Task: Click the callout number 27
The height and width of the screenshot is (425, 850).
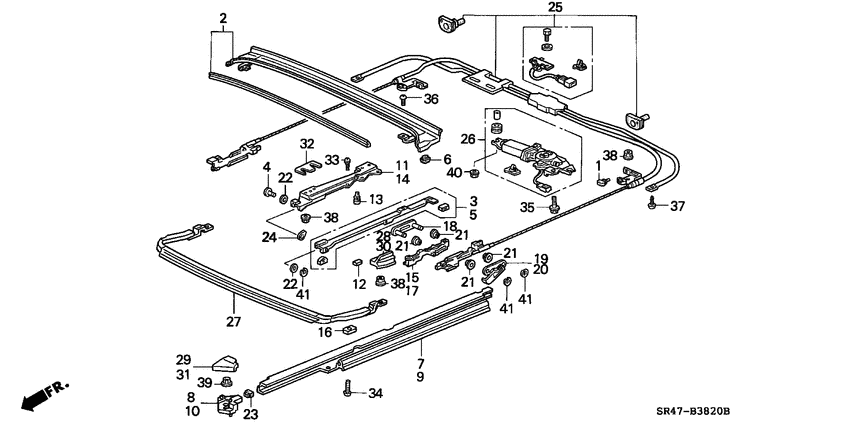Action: tap(233, 322)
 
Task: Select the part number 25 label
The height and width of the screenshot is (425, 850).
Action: tap(555, 8)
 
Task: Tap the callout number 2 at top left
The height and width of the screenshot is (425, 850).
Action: tap(223, 18)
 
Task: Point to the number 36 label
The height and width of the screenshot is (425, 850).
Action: tap(431, 98)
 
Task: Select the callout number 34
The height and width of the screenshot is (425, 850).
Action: tap(375, 393)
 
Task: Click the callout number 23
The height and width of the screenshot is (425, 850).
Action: tap(250, 413)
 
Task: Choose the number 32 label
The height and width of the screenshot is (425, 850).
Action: tap(306, 143)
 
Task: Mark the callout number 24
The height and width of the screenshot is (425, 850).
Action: tap(268, 237)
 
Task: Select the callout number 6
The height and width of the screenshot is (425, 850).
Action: tap(446, 159)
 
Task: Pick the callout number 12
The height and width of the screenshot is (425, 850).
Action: tap(357, 284)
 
